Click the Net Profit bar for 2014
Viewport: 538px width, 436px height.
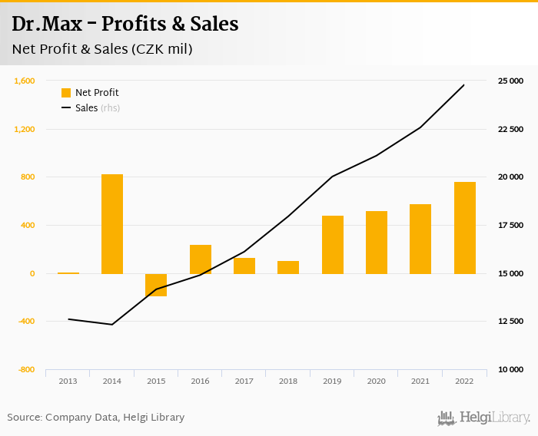[112, 223]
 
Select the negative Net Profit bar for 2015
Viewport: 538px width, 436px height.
[156, 285]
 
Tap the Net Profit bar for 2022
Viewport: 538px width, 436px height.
[465, 227]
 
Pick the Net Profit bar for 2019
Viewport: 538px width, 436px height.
[333, 244]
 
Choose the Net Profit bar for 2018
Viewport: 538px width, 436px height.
[288, 267]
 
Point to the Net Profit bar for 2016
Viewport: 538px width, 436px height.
[201, 259]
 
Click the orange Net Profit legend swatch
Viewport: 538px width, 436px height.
[66, 93]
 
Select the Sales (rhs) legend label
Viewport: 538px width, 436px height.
[97, 108]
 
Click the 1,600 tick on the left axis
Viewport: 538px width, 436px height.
[25, 81]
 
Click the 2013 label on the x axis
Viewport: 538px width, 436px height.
[68, 381]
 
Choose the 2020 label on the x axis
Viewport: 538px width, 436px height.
[377, 381]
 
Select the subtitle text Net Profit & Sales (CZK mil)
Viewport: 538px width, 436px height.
[102, 49]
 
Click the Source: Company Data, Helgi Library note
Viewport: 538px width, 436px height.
[96, 418]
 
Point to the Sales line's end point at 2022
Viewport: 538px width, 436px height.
[464, 84]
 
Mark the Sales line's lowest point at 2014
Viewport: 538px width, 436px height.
[112, 325]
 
